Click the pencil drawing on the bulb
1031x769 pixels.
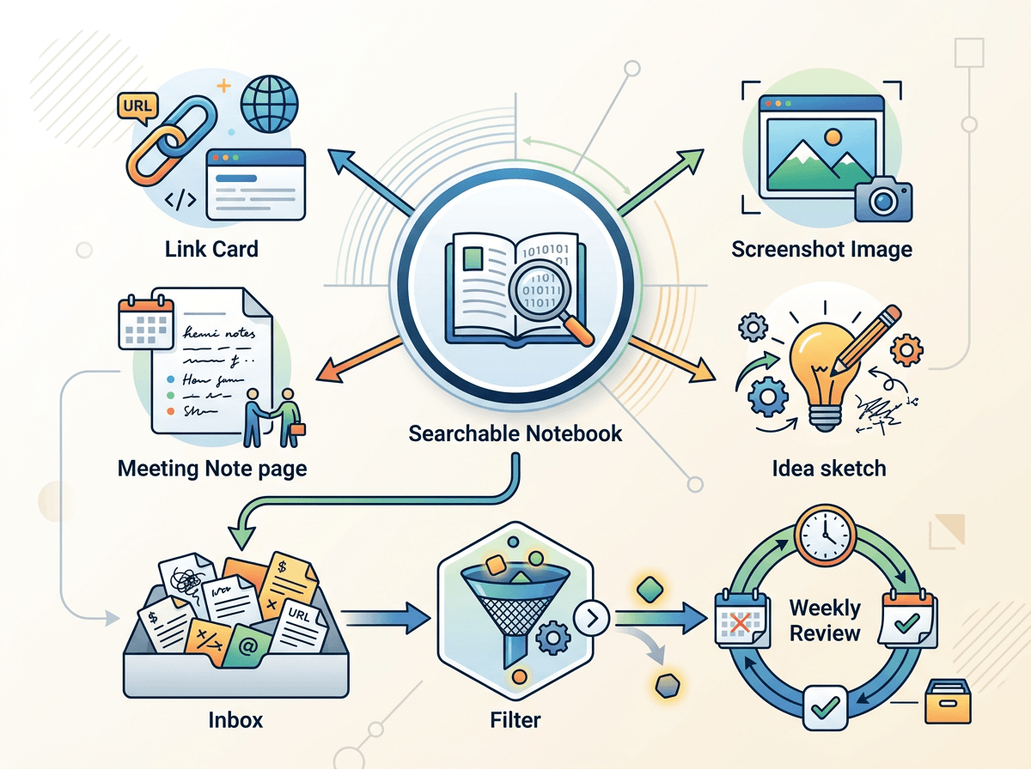click(865, 341)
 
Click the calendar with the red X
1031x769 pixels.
click(740, 619)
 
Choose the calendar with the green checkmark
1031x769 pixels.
click(906, 619)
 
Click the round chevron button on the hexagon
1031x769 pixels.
click(591, 617)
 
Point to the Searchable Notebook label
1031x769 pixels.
click(515, 433)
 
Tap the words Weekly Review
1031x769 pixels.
click(825, 621)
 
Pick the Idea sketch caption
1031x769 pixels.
click(829, 468)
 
